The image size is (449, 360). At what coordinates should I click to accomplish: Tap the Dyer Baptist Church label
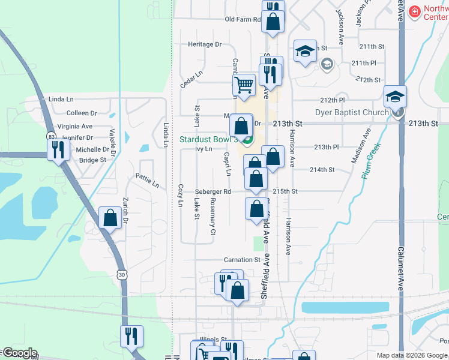point(352,112)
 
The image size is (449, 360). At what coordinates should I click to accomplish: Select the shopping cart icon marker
point(244,85)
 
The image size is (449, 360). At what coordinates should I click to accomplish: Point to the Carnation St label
point(243,260)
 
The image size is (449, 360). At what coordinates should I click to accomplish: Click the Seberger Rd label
point(213,191)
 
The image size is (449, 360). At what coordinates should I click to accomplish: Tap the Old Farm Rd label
point(243,19)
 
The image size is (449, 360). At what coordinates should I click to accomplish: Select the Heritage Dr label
point(205,44)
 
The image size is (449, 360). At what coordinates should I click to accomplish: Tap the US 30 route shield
point(122,274)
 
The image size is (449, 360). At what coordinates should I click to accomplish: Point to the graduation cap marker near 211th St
point(305,52)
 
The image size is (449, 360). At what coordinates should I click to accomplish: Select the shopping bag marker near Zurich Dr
point(110,218)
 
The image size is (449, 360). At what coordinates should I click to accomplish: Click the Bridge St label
point(92,160)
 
